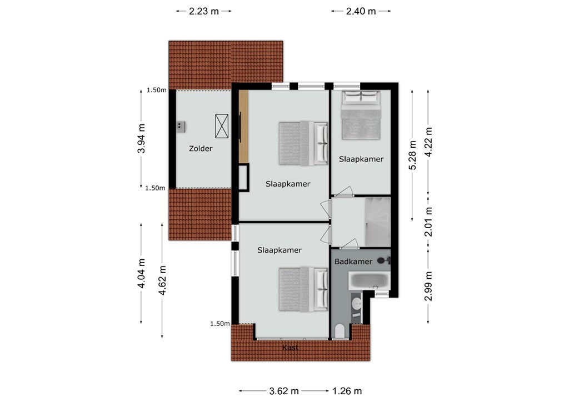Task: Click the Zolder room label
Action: pos(201,149)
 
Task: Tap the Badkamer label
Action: pos(353,262)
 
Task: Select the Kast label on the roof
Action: pos(290,348)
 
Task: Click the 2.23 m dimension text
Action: pos(204,11)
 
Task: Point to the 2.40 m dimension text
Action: pos(361,11)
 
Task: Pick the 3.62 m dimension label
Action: pos(284,391)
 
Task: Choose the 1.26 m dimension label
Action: pos(347,391)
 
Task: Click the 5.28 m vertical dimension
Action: pos(413,155)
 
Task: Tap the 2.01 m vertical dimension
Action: pos(428,222)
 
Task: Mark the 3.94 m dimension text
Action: pos(141,138)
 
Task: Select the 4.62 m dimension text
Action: pos(162,280)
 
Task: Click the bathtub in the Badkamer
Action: pos(370,281)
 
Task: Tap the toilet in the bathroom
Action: pos(340,330)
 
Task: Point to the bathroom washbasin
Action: pos(357,304)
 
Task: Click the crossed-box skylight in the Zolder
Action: pos(222,126)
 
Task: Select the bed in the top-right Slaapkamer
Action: pos(361,115)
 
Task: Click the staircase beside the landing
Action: pos(378,222)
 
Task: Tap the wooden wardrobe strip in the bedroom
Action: pos(243,127)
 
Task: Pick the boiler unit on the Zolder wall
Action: pos(181,127)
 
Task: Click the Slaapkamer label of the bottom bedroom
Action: pos(279,250)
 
